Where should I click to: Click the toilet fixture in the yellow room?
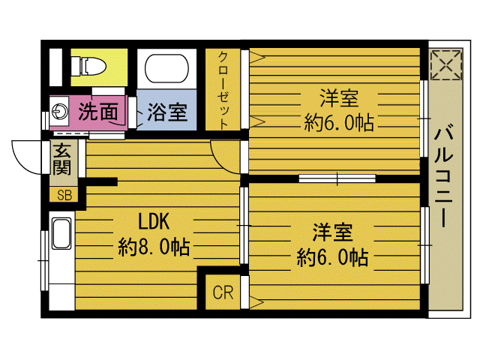[x=90, y=66]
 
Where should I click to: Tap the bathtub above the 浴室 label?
[x=167, y=68]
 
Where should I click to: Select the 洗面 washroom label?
[x=98, y=112]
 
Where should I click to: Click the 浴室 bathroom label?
[x=166, y=113]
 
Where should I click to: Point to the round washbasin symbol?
[x=61, y=113]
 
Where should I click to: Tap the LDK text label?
[x=154, y=221]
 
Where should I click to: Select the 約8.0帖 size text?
[x=154, y=245]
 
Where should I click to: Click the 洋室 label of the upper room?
[x=339, y=98]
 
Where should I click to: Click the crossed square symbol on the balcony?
[x=445, y=64]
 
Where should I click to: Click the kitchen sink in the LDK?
[x=61, y=233]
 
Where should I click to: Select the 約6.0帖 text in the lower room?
[x=332, y=257]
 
